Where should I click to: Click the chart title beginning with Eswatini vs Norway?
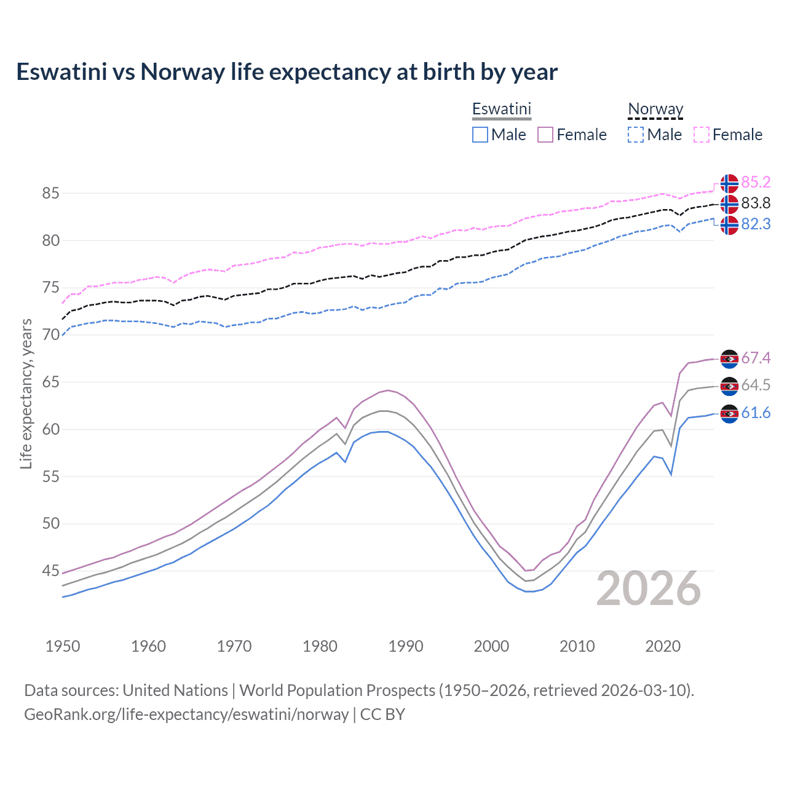click(x=287, y=72)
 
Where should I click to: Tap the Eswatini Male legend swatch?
click(x=480, y=135)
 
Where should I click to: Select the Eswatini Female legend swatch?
click(x=545, y=135)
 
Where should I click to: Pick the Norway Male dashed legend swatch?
click(x=636, y=135)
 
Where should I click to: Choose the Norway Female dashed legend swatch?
click(x=702, y=135)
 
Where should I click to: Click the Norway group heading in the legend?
click(x=655, y=109)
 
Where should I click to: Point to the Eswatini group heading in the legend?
click(x=501, y=109)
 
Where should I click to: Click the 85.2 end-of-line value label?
click(x=756, y=182)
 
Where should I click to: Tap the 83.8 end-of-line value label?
click(x=756, y=203)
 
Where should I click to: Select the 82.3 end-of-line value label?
click(x=756, y=224)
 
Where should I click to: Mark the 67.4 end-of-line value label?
click(x=756, y=358)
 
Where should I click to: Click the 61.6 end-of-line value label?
click(x=756, y=413)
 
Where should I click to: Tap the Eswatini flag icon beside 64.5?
click(x=729, y=386)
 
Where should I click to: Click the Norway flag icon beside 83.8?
click(x=729, y=204)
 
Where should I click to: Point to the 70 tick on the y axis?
click(x=50, y=335)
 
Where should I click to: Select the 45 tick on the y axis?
click(x=50, y=571)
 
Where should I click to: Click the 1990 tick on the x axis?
click(x=406, y=646)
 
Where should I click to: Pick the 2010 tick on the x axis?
click(x=577, y=646)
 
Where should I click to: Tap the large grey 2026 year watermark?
click(x=649, y=588)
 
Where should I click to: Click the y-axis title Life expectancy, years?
click(x=26, y=393)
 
